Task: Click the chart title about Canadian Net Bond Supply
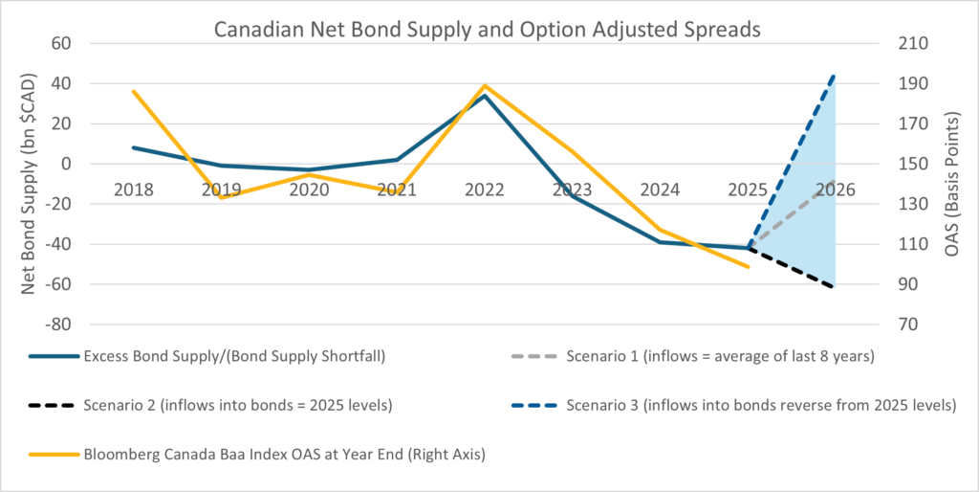coord(487,29)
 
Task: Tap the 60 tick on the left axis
coord(62,43)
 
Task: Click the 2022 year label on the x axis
coord(484,189)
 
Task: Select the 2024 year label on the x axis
coord(660,189)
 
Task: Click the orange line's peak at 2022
coord(485,85)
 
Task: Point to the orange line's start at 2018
coord(133,91)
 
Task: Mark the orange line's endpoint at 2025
coord(749,267)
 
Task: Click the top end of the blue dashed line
coord(836,75)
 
